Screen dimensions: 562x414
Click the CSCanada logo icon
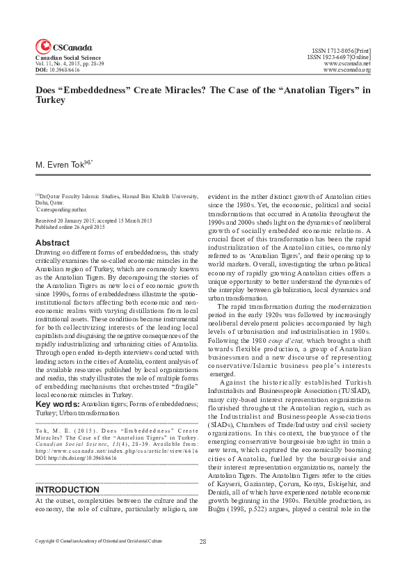pyautogui.click(x=42, y=46)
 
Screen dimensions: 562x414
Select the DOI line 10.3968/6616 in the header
pyautogui.click(x=59, y=70)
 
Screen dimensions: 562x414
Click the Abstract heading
pyautogui.click(x=52, y=243)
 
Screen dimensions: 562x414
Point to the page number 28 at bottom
pyautogui.click(x=203, y=541)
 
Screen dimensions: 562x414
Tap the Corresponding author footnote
pyautogui.click(x=62, y=209)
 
